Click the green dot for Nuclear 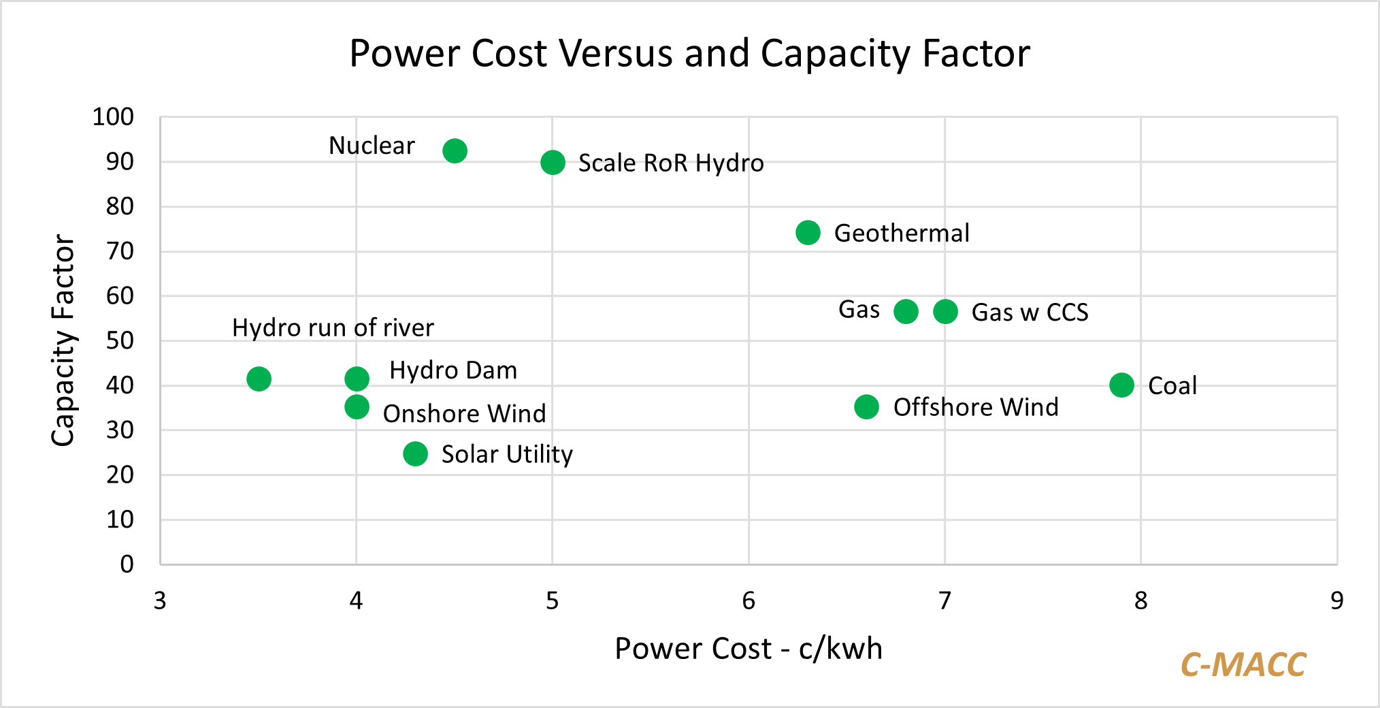[455, 150]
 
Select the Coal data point [1121, 385]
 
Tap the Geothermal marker [808, 233]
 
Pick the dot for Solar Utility [415, 454]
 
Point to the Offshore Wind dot [866, 407]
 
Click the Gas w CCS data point [945, 312]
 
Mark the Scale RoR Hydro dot [553, 163]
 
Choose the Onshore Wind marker [357, 407]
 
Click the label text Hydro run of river [333, 328]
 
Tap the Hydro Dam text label [453, 370]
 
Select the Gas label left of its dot [859, 310]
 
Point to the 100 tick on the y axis [113, 117]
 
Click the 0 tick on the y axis [127, 564]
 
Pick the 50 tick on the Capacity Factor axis [120, 340]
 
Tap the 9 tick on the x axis [1337, 600]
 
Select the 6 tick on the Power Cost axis [749, 600]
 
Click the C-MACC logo [1243, 665]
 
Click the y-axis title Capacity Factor [63, 340]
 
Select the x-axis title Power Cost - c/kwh [749, 649]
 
